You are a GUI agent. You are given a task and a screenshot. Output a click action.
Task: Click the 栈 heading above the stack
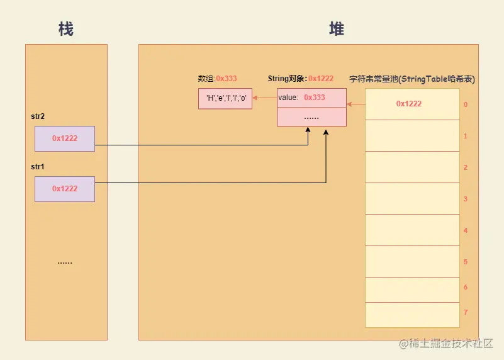tap(66, 29)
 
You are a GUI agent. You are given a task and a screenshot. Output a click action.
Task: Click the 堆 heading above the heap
tap(337, 29)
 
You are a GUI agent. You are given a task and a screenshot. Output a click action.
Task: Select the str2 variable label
tap(38, 116)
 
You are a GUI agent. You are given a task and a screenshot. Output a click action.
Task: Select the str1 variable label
tap(38, 167)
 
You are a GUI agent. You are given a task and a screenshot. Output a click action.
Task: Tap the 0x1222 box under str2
tap(65, 138)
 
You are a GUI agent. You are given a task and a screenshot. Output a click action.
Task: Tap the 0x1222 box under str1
tap(65, 189)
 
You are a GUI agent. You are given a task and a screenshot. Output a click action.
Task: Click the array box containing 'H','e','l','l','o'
tap(225, 98)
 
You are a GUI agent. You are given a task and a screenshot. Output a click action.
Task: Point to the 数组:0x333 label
tap(217, 79)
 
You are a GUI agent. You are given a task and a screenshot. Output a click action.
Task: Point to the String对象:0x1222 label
tap(300, 79)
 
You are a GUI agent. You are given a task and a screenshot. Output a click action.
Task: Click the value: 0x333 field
tap(311, 98)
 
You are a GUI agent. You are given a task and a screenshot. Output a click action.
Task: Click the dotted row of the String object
tap(311, 117)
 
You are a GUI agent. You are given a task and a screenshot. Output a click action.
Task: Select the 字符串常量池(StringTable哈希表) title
tap(412, 79)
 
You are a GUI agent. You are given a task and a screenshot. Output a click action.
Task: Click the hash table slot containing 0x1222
tap(412, 104)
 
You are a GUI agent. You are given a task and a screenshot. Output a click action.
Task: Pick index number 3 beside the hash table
tap(466, 199)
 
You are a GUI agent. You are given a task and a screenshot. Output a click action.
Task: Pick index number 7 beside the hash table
tap(466, 312)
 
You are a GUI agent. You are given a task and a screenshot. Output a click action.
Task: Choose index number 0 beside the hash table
tap(466, 104)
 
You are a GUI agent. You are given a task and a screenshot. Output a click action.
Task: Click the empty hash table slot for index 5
tap(412, 262)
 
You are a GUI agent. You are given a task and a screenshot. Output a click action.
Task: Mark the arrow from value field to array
tap(264, 98)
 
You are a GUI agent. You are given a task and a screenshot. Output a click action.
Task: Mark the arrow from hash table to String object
tap(356, 104)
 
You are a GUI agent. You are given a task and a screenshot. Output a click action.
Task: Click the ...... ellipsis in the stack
tap(65, 262)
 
